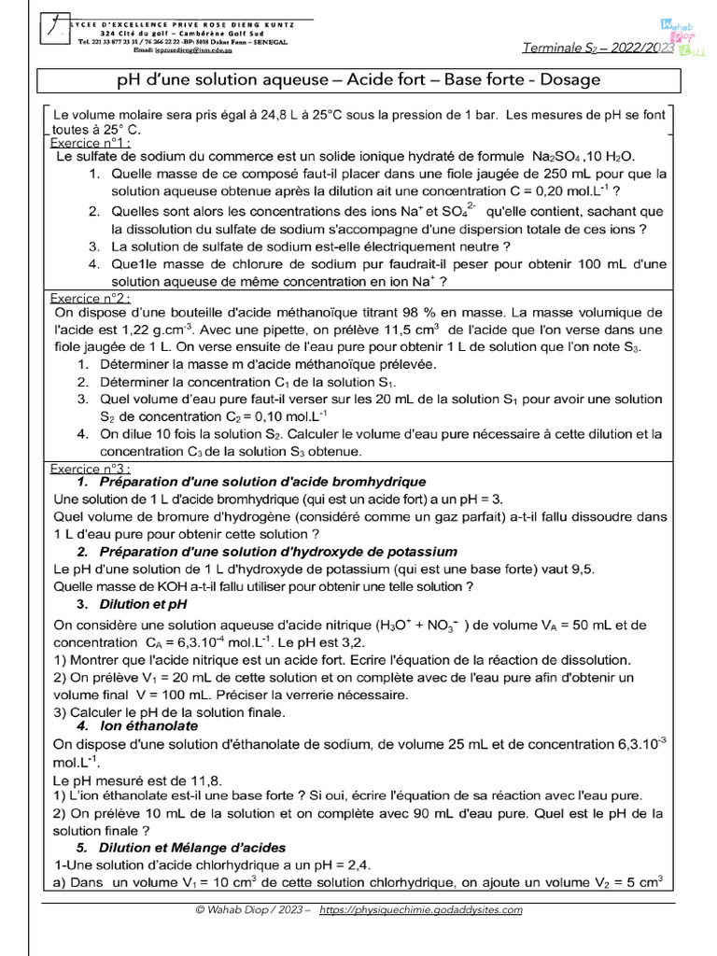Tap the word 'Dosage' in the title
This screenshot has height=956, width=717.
tap(568, 80)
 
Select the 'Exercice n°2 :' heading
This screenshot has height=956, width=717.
tap(90, 298)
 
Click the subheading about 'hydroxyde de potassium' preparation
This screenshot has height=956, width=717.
tap(278, 552)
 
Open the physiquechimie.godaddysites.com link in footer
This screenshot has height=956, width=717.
tap(421, 910)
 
